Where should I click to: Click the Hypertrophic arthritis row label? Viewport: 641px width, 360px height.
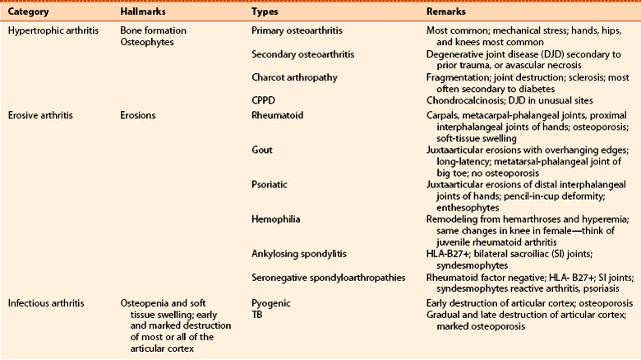[x=51, y=30]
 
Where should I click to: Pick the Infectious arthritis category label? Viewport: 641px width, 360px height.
[x=44, y=303]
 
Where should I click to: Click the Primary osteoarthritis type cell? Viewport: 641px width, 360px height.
[x=297, y=30]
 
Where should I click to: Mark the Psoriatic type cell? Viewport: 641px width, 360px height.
[x=271, y=186]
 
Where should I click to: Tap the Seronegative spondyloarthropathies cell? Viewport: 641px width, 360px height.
[x=328, y=278]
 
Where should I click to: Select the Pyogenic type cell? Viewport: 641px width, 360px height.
[x=270, y=303]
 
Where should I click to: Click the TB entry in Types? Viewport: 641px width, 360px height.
[x=257, y=313]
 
